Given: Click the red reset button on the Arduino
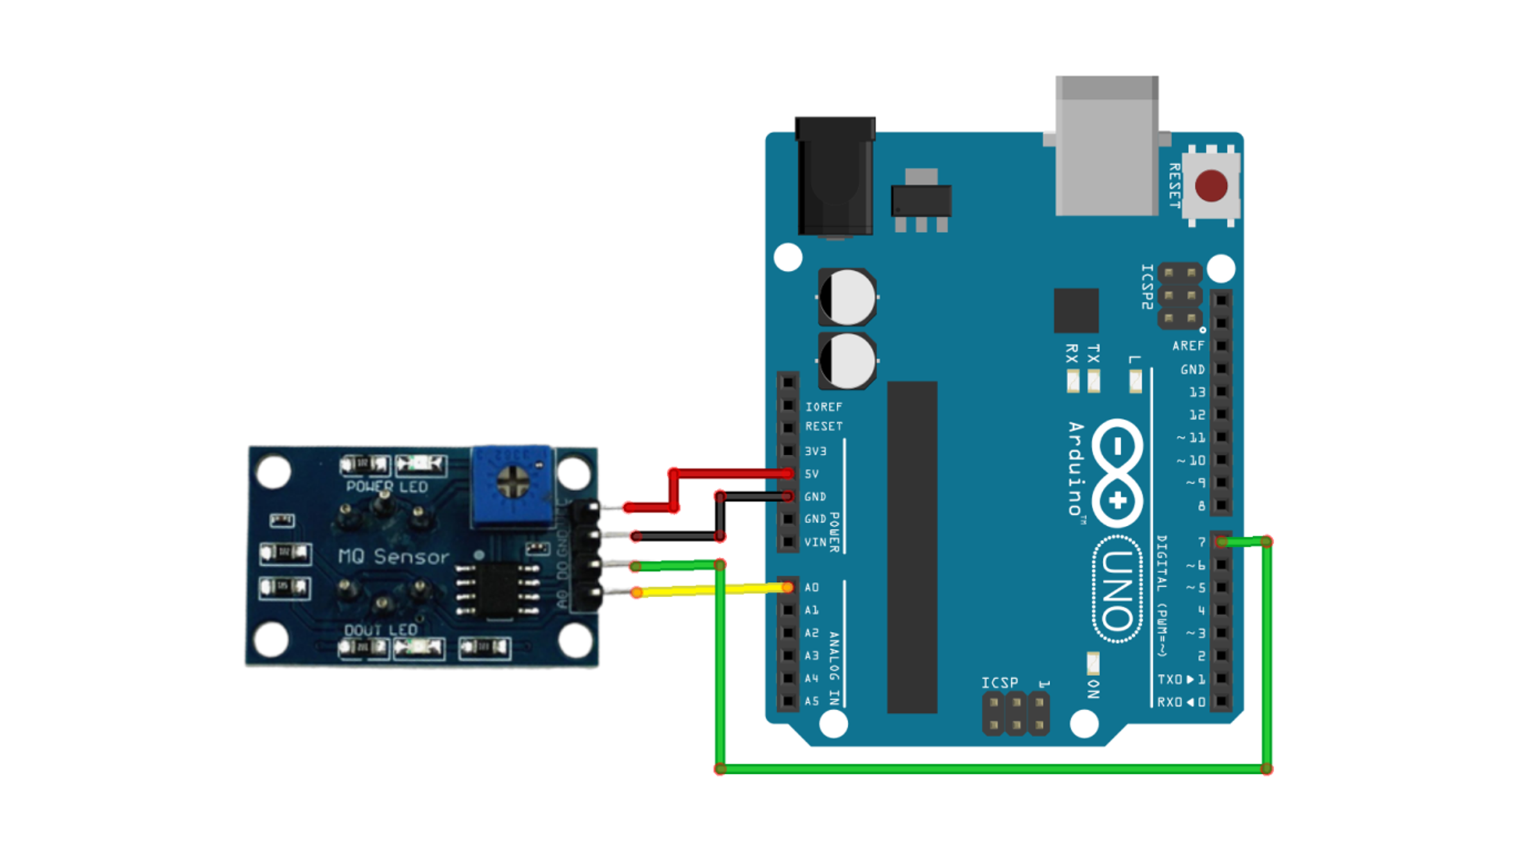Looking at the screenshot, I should pos(1211,186).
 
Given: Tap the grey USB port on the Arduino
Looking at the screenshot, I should pos(1106,147).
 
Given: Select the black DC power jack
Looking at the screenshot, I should pos(835,177).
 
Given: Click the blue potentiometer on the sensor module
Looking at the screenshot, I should pos(512,484).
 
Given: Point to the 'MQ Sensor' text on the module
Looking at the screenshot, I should pos(393,556).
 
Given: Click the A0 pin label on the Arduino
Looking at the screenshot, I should pos(812,587).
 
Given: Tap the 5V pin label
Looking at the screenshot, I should pos(812,474).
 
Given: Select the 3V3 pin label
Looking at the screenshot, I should pos(815,451).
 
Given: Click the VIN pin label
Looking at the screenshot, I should pos(815,542).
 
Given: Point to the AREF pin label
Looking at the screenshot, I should pos(1187,346).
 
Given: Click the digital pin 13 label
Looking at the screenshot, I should pos(1197,392).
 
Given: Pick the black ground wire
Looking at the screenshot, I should pos(676,536).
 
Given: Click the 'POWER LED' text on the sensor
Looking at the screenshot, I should pos(387,487).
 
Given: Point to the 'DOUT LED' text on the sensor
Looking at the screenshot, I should pos(381,630).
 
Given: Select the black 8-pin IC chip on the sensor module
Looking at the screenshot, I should pos(497,590).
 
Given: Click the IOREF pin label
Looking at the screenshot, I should pos(824,407).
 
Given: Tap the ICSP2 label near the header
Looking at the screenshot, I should pos(1147,286).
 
